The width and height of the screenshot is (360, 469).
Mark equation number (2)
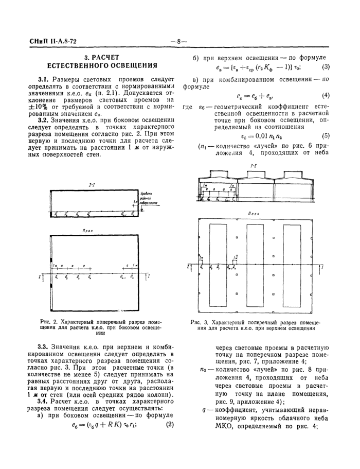coord(169,425)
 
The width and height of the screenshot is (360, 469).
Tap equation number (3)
coord(326,67)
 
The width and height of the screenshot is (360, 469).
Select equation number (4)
coord(326,96)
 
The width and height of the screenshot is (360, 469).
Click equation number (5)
coord(326,136)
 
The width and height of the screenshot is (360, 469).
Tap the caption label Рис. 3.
coord(197,322)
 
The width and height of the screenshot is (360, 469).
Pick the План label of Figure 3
coord(254,213)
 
